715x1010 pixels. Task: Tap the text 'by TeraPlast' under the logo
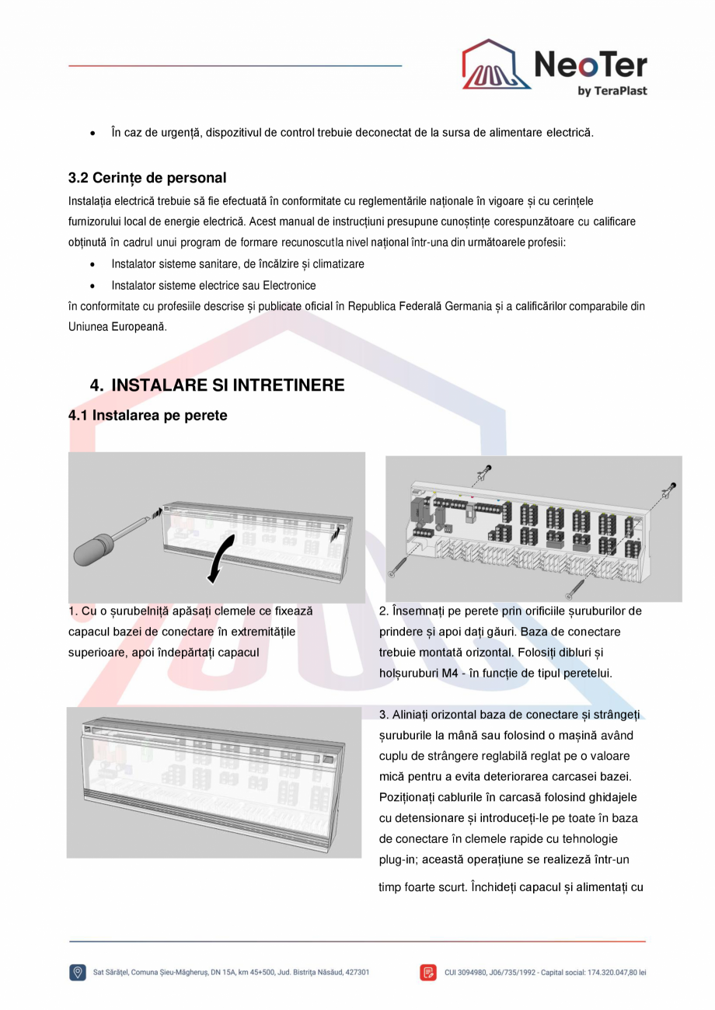(612, 91)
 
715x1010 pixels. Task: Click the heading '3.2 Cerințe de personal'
(147, 178)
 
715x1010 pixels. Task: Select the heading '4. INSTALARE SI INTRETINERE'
(217, 385)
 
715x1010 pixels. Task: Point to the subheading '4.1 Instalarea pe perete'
(148, 416)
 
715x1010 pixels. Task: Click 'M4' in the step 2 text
(448, 674)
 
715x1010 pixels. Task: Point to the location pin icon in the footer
(78, 972)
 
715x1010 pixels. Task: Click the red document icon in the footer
(428, 972)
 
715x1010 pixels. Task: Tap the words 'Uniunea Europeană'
(117, 327)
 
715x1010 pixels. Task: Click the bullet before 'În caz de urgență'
(93, 134)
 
